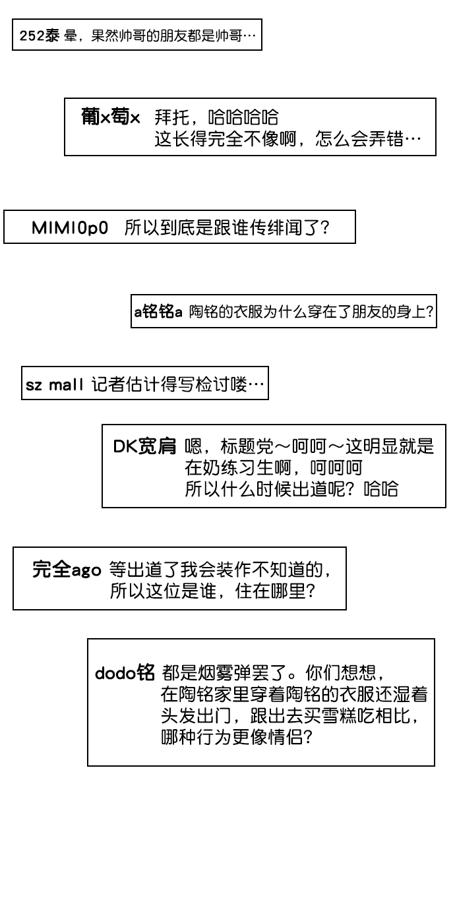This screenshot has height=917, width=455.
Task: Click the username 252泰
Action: click(x=40, y=36)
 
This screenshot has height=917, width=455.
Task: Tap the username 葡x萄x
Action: click(x=111, y=117)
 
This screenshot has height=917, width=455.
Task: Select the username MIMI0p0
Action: click(x=70, y=228)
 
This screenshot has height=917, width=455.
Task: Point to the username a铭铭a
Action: click(x=158, y=312)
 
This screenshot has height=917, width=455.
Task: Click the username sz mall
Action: click(x=54, y=385)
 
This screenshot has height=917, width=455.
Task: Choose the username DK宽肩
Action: click(x=144, y=446)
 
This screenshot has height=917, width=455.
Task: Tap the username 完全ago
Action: click(x=67, y=570)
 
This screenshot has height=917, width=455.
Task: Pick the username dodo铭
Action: click(x=125, y=672)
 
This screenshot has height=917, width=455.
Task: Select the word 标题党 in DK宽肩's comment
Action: click(x=247, y=446)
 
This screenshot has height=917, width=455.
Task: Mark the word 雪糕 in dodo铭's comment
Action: click(x=341, y=715)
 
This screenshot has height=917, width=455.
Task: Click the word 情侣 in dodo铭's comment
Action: click(x=286, y=737)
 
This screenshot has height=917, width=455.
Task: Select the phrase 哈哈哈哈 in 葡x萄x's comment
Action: click(x=243, y=117)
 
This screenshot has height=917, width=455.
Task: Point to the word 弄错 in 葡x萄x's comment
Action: click(x=386, y=139)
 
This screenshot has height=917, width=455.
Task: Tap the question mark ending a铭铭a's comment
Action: click(x=429, y=312)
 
